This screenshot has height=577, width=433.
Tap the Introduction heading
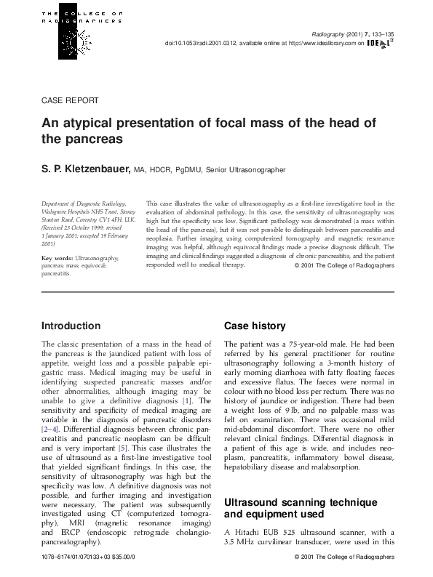71,326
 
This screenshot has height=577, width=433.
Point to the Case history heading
255,326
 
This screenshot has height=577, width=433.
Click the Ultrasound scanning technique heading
300,483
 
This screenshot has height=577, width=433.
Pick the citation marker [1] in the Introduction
187,400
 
